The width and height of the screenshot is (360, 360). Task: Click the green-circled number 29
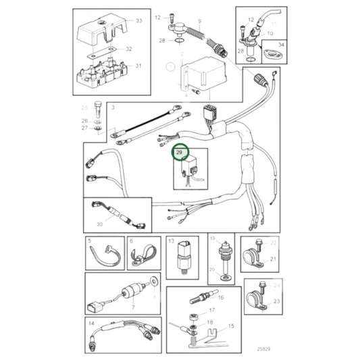pyautogui.click(x=178, y=153)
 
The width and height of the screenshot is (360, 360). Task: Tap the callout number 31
pyautogui.click(x=139, y=66)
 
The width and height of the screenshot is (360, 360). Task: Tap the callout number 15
pyautogui.click(x=232, y=326)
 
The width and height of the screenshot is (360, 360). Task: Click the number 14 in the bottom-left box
pyautogui.click(x=91, y=323)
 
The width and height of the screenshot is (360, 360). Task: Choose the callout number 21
pyautogui.click(x=274, y=259)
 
